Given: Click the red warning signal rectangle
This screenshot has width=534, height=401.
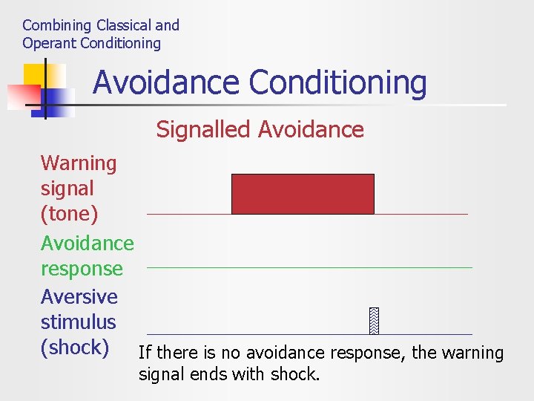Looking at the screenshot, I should point(303,194).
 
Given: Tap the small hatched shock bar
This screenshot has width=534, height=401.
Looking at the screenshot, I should point(374,320).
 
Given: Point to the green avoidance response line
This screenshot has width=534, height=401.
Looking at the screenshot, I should point(309,267).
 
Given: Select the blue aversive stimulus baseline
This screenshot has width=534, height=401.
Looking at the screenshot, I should point(309,334).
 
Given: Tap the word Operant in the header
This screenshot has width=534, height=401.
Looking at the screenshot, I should point(49,43).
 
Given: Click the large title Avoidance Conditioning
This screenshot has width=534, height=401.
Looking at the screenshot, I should point(260,82).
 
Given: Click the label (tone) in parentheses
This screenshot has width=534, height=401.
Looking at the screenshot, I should point(69,214).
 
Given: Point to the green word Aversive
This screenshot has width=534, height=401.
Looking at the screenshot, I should point(79,297).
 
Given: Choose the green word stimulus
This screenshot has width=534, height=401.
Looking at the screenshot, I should point(78,322).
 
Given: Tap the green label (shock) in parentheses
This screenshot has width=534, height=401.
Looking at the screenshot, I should point(75,348).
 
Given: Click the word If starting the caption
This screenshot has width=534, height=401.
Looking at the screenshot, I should point(145,353).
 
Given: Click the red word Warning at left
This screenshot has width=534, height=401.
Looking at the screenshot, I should point(79,163).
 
